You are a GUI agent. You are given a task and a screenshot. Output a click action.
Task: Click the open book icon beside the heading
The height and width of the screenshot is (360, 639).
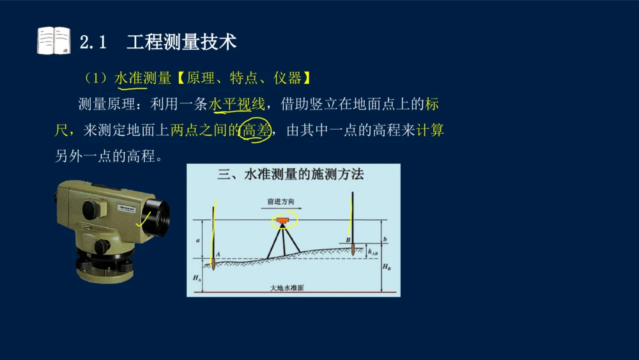(54, 40)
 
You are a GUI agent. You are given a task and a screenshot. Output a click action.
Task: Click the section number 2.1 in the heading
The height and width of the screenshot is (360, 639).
(93, 42)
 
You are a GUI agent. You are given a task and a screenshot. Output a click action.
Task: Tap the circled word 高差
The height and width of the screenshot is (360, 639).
(257, 130)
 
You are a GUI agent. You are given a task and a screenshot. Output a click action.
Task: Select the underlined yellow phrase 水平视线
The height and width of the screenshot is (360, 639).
(237, 104)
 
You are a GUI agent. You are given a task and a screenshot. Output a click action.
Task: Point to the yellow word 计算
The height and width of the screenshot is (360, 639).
(430, 130)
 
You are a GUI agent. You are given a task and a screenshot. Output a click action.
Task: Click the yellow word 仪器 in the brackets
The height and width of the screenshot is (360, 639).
(288, 78)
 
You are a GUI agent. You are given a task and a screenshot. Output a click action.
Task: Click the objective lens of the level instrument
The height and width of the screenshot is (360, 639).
(158, 217)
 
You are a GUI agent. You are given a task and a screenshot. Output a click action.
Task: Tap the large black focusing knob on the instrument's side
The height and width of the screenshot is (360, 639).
(91, 210)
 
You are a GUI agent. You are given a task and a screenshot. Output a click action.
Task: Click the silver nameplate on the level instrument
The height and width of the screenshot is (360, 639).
(127, 208)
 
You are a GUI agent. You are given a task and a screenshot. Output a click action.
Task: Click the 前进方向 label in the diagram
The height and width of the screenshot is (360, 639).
(281, 201)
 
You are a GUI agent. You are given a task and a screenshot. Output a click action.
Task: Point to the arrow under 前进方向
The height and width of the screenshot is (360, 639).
(281, 208)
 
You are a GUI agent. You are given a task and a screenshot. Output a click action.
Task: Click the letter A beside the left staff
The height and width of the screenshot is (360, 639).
(218, 254)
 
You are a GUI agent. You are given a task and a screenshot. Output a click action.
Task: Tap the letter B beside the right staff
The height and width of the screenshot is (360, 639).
(348, 240)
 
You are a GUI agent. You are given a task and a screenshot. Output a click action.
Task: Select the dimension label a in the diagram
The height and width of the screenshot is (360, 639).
(198, 240)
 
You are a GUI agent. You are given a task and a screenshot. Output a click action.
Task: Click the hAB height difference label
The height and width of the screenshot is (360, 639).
(373, 253)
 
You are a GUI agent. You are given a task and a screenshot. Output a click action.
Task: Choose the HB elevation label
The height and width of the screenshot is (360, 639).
(387, 267)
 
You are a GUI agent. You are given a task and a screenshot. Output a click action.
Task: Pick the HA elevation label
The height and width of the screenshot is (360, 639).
(197, 278)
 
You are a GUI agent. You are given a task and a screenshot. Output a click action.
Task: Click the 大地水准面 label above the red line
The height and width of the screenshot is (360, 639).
(287, 288)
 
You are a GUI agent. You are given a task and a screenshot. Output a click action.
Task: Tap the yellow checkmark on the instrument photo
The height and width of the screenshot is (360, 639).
(143, 219)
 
